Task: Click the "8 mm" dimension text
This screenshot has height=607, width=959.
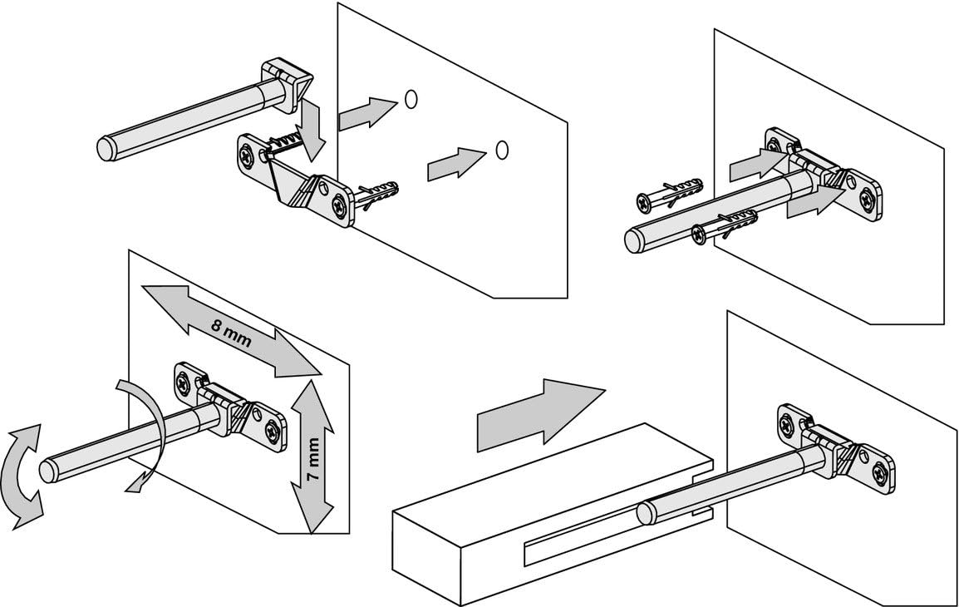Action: coord(232,333)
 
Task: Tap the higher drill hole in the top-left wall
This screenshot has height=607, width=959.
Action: coord(411,98)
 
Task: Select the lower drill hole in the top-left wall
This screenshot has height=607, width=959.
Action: coord(500,149)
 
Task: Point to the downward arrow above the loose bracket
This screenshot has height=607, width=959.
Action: coord(313,129)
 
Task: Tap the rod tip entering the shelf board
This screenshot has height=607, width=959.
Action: coord(647,513)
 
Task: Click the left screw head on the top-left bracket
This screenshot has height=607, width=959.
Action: coord(248,154)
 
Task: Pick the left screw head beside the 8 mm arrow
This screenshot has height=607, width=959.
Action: coord(184,382)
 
